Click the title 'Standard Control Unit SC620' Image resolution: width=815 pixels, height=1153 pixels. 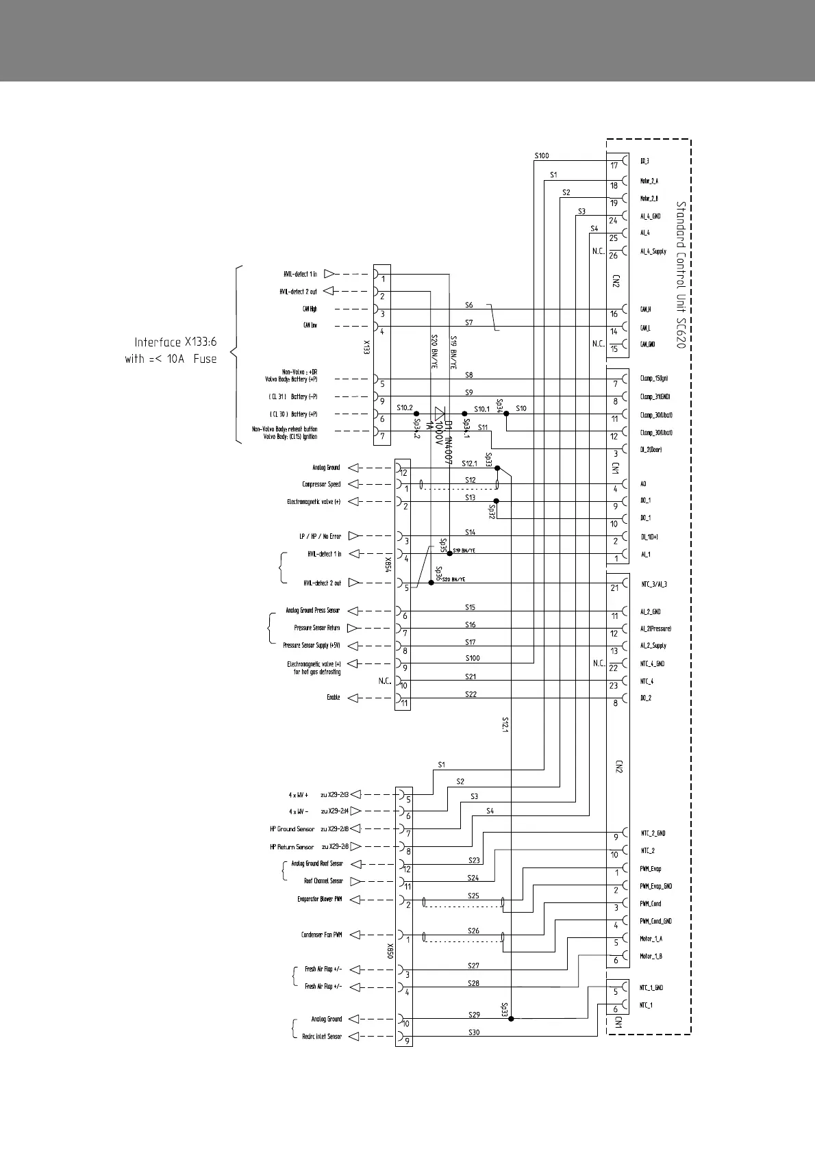coord(681,275)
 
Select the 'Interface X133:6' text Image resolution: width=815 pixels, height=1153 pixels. coord(175,342)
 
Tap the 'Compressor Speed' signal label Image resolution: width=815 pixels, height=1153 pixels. coord(321,485)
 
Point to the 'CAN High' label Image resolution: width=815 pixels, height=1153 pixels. coord(310,309)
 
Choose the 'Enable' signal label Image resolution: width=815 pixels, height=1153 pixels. coord(333,698)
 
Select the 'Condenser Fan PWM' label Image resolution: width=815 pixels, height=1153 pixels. coord(321,935)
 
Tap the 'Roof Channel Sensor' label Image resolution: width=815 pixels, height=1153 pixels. coord(323,881)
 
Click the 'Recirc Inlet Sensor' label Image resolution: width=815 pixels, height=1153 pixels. coord(321,1037)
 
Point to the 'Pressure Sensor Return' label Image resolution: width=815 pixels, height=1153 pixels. coord(316,628)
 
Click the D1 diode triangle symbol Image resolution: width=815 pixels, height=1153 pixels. coord(440,414)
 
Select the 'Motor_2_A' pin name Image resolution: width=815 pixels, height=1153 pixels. coord(649,181)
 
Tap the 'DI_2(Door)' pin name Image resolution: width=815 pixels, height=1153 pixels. coord(651,450)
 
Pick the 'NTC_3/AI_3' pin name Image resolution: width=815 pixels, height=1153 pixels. coord(653,585)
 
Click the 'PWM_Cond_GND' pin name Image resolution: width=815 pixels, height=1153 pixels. coord(655,922)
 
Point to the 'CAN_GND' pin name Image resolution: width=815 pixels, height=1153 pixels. coord(647,344)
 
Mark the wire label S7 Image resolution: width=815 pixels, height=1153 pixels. coord(468,322)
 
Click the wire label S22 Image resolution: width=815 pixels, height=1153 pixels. coord(471,694)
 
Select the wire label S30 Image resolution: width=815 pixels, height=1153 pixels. coord(474,1032)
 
